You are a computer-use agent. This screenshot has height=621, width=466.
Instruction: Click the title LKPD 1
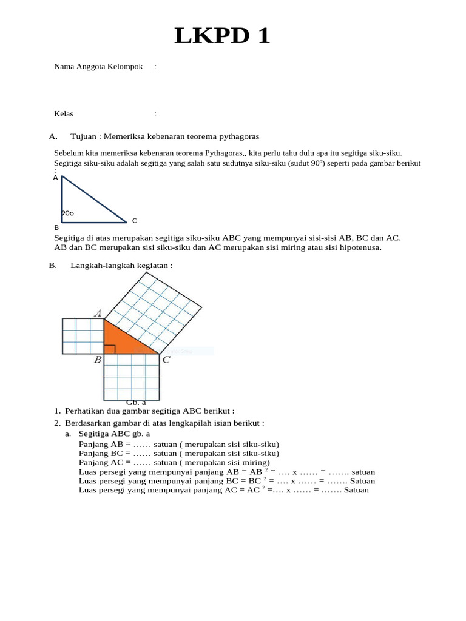click(222, 37)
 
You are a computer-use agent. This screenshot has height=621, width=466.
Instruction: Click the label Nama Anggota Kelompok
click(98, 67)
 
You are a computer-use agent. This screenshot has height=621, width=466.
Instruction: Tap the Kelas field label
click(64, 113)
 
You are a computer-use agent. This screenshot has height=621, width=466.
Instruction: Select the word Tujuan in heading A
click(84, 136)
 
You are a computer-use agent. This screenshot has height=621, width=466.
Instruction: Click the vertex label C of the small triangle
click(134, 221)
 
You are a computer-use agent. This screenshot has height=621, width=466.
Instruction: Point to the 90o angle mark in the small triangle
click(67, 213)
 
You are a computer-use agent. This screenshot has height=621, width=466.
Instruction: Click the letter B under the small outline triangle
click(56, 227)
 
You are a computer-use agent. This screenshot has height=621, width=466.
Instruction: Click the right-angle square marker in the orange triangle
click(109, 349)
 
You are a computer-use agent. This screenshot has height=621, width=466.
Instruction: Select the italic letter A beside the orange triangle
click(97, 313)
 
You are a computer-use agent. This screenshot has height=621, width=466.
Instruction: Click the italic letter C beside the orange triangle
click(166, 360)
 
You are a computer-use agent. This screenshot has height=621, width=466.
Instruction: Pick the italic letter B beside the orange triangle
click(97, 360)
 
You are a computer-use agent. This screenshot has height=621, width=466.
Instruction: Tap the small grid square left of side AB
click(83, 336)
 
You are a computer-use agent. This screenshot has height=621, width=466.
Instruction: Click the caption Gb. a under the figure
click(136, 402)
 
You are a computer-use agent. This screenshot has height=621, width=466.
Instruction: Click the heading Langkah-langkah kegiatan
click(121, 265)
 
